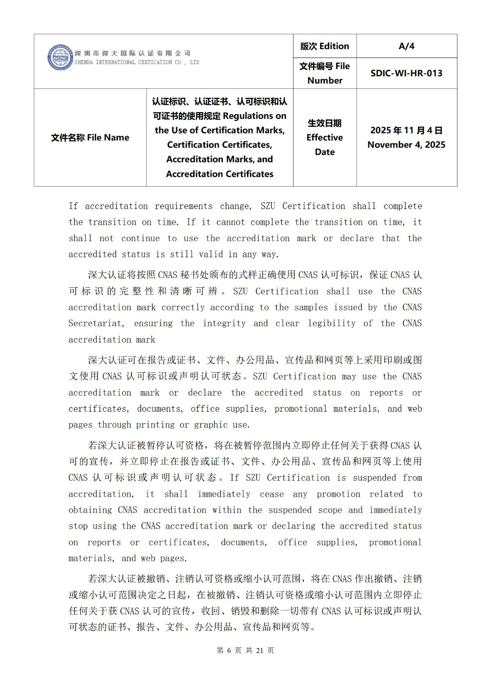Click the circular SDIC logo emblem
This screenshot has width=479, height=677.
(x=60, y=57)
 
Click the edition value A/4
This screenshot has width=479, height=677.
(x=406, y=46)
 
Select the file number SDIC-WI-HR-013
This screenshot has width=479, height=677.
(x=406, y=73)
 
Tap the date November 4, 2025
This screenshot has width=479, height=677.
(x=406, y=145)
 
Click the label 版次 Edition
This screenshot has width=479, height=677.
(x=324, y=46)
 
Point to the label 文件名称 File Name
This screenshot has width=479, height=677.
(x=90, y=138)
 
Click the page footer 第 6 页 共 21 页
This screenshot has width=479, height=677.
(x=245, y=650)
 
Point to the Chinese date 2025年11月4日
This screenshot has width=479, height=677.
(x=406, y=130)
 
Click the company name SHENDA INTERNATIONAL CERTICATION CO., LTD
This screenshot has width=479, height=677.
(x=136, y=62)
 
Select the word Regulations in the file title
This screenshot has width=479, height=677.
(x=255, y=116)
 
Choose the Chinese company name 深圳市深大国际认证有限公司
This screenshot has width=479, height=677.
(x=133, y=53)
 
